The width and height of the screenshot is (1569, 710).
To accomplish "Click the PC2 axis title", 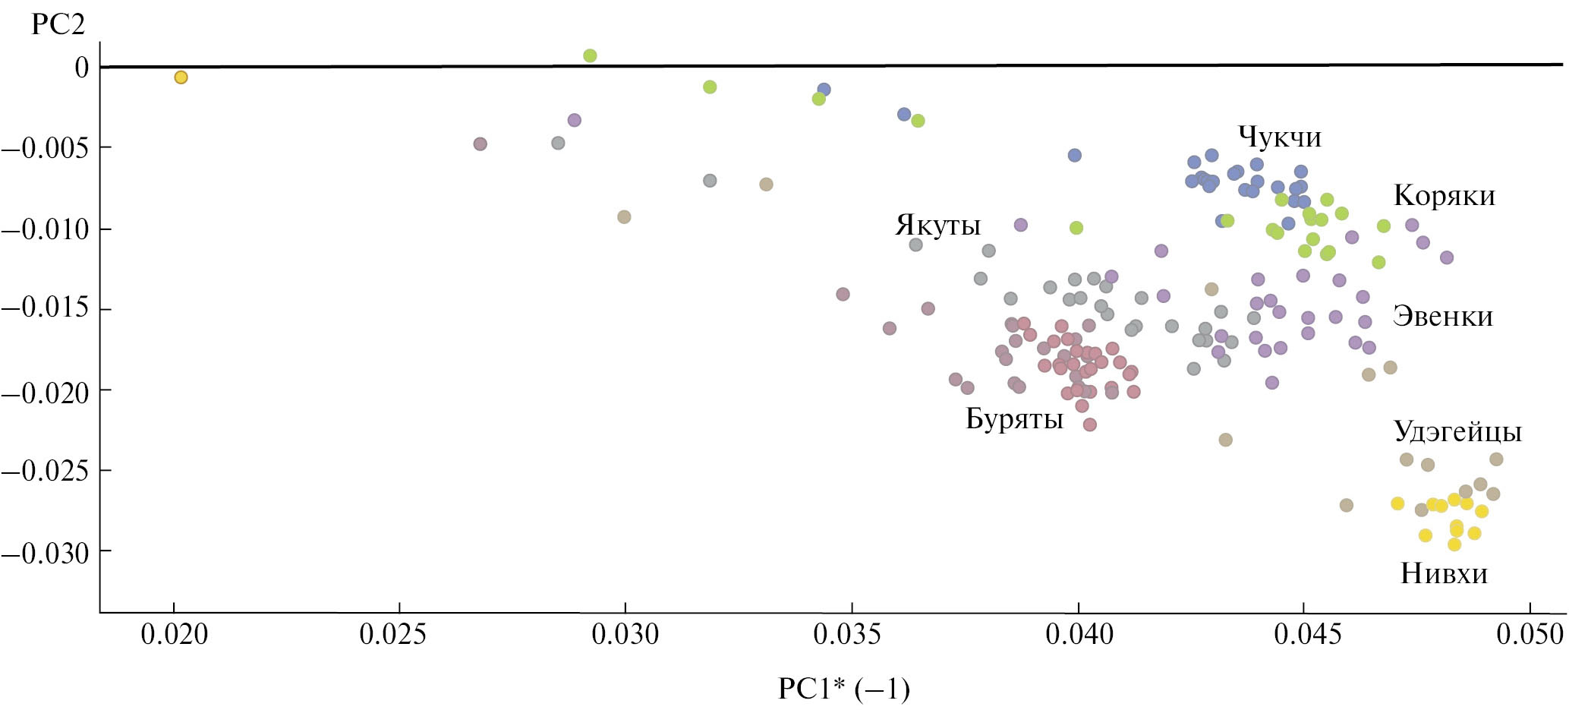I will pos(58,24).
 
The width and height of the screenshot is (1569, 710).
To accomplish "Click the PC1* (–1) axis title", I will pos(843,689).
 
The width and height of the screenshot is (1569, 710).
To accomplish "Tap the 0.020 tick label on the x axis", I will pos(175,635).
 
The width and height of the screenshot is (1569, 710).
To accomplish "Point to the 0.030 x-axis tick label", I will pos(625,635).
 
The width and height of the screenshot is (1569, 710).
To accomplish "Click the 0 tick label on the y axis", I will pos(81,68).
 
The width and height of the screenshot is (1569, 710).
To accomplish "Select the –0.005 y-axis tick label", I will pos(46,147).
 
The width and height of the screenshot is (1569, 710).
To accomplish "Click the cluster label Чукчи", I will pos(1280,137).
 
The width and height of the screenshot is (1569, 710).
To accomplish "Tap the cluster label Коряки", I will pos(1445,196).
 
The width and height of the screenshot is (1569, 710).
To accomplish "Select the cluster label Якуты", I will pos(938,226).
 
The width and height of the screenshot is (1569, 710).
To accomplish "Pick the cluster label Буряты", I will pos(1014,418).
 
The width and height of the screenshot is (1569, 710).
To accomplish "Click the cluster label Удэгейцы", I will pos(1457,432).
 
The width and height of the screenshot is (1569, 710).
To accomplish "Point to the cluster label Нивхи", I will pos(1444,573).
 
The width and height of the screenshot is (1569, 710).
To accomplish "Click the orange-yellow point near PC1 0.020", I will pos(181,77).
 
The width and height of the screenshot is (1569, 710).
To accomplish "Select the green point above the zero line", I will pos(590,55).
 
